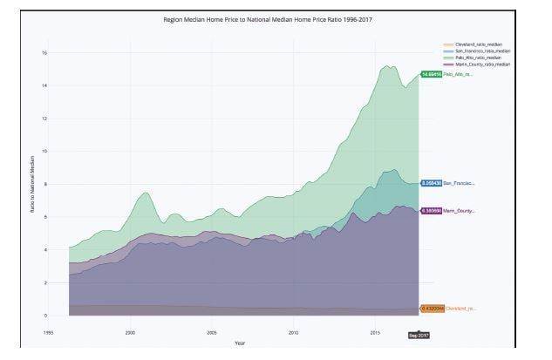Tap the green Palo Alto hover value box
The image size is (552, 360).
(x=431, y=74)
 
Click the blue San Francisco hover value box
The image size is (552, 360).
(x=431, y=184)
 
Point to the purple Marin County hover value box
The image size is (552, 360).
(x=431, y=211)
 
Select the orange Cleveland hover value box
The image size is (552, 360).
(x=432, y=309)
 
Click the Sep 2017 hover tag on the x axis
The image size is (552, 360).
(x=419, y=335)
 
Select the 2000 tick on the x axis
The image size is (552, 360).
(x=130, y=332)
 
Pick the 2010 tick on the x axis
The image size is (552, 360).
(x=294, y=332)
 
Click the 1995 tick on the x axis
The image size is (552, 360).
(x=48, y=332)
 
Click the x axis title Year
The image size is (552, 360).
(x=239, y=343)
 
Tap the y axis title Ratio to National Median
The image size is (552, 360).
(x=32, y=182)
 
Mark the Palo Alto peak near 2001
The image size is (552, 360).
(x=146, y=193)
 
